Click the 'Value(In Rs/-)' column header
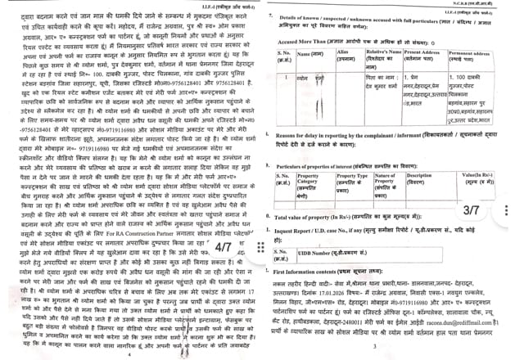(x=486, y=175)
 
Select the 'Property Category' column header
(x=318, y=178)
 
